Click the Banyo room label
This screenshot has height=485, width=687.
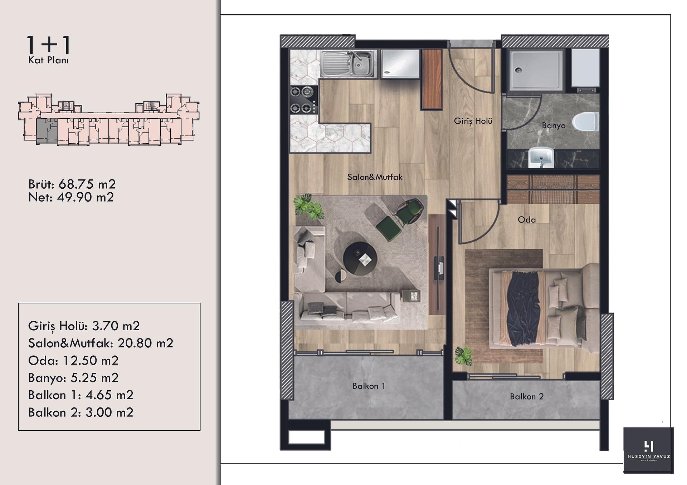[554, 125]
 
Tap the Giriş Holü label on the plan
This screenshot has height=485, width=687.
[473, 121]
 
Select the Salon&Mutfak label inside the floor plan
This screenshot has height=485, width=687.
[375, 177]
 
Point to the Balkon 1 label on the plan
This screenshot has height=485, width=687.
[369, 386]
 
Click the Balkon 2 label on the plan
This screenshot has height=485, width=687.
[527, 396]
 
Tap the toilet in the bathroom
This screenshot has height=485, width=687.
[585, 122]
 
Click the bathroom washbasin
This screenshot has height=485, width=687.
[541, 157]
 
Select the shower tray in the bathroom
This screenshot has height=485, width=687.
[536, 70]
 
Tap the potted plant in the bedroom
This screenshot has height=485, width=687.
[464, 356]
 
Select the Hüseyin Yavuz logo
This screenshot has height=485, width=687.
[648, 450]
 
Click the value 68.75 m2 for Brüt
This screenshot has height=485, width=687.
[87, 184]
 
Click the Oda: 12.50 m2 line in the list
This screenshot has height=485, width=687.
[73, 360]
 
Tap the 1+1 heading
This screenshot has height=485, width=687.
[49, 45]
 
